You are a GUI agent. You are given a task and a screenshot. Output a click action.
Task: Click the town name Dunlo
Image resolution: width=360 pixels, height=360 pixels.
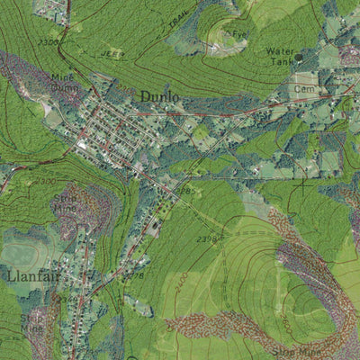point(158,95)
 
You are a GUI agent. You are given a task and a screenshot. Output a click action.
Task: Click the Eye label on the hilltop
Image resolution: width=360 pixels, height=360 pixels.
point(238,34)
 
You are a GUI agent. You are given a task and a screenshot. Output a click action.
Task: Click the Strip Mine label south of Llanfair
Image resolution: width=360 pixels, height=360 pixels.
point(32,322)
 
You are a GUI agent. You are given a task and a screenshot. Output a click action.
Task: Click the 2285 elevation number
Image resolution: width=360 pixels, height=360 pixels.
point(184,191)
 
